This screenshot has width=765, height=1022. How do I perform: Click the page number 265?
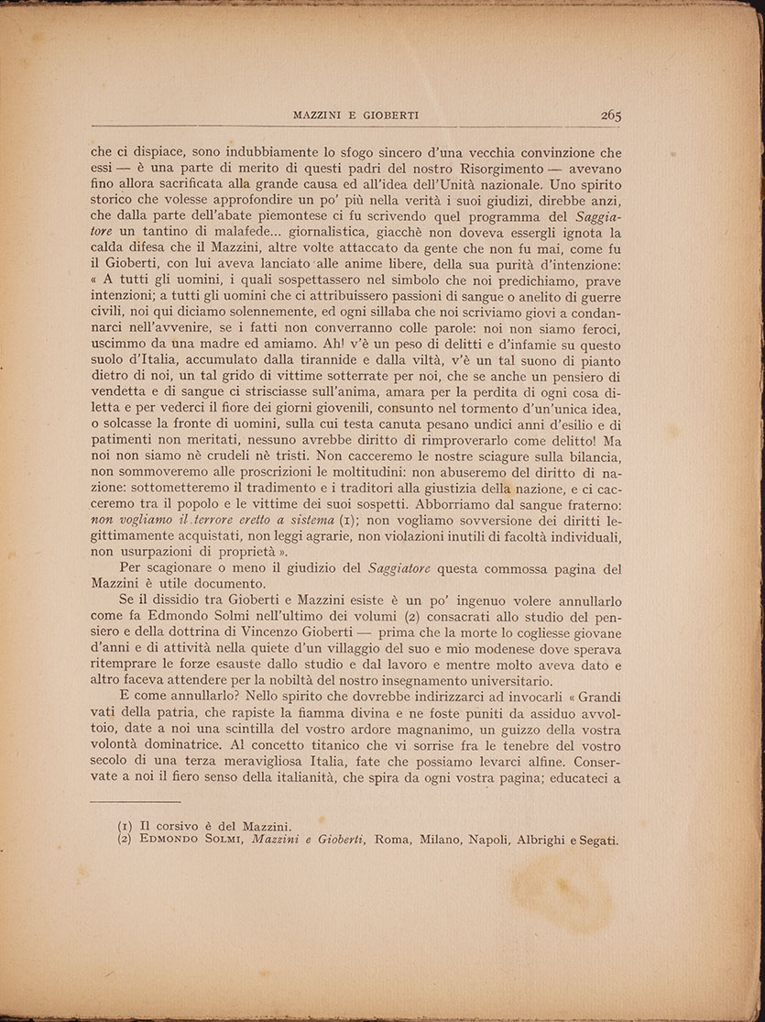pyautogui.click(x=612, y=115)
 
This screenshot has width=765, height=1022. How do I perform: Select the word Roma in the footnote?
pyautogui.click(x=390, y=841)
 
